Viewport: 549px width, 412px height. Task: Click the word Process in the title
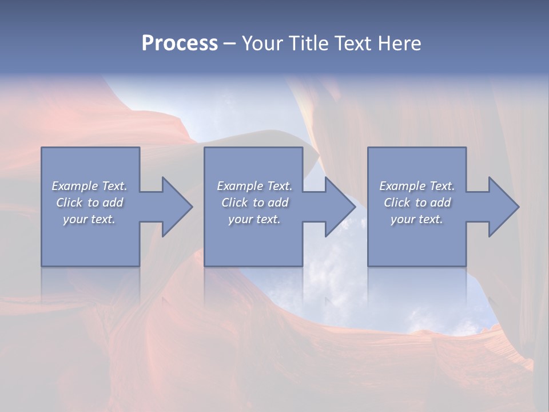180,43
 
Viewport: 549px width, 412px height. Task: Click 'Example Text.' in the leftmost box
89,186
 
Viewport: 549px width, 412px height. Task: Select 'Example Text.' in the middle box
254,186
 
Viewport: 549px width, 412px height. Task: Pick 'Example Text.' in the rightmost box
417,186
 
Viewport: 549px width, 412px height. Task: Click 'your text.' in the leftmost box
89,219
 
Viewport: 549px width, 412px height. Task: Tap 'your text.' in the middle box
254,219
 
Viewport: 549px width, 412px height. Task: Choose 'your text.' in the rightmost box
417,219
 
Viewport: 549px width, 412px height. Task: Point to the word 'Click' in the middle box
234,203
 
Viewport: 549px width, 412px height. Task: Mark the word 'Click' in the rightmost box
397,203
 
